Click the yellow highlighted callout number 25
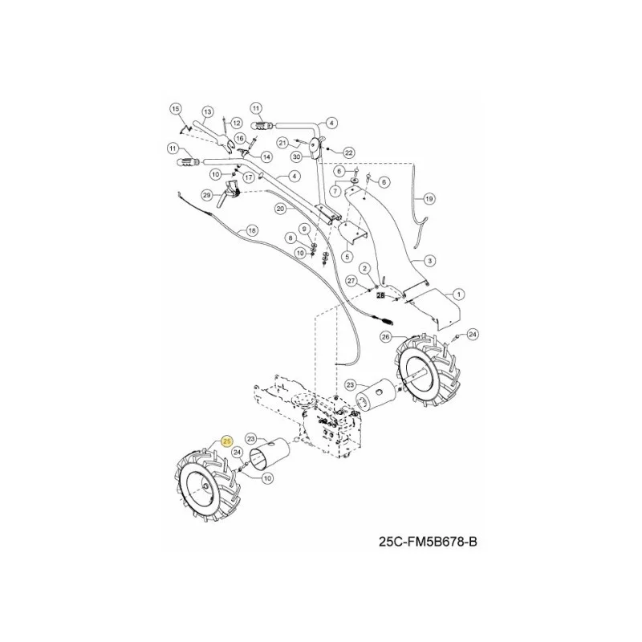[x=226, y=441]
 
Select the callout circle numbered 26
[x=385, y=337]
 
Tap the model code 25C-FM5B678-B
[x=428, y=542]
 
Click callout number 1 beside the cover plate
[x=458, y=294]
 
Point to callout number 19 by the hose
[x=429, y=199]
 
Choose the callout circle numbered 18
[x=252, y=230]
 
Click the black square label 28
[x=380, y=295]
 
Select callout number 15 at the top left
[x=175, y=109]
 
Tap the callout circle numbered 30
[x=296, y=156]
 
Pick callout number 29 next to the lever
[x=207, y=195]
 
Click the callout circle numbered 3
[x=429, y=260]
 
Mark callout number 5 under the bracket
[x=347, y=257]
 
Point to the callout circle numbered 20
[x=280, y=209]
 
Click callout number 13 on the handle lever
[x=208, y=112]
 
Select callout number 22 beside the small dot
[x=348, y=152]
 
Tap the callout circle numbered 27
[x=351, y=281]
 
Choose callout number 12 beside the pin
[x=236, y=123]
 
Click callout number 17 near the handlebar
[x=249, y=177]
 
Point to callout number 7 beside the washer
[x=336, y=190]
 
